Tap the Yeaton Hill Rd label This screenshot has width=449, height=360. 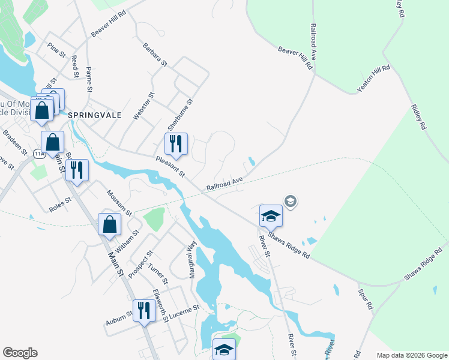(373, 79)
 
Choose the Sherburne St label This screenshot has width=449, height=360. (181, 115)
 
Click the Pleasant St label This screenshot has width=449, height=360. (169, 167)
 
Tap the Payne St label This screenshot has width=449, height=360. (89, 79)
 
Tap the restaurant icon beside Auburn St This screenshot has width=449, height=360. (143, 311)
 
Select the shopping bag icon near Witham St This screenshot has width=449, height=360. (110, 225)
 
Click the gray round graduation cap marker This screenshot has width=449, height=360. (291, 202)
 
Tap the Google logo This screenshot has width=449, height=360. (20, 353)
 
